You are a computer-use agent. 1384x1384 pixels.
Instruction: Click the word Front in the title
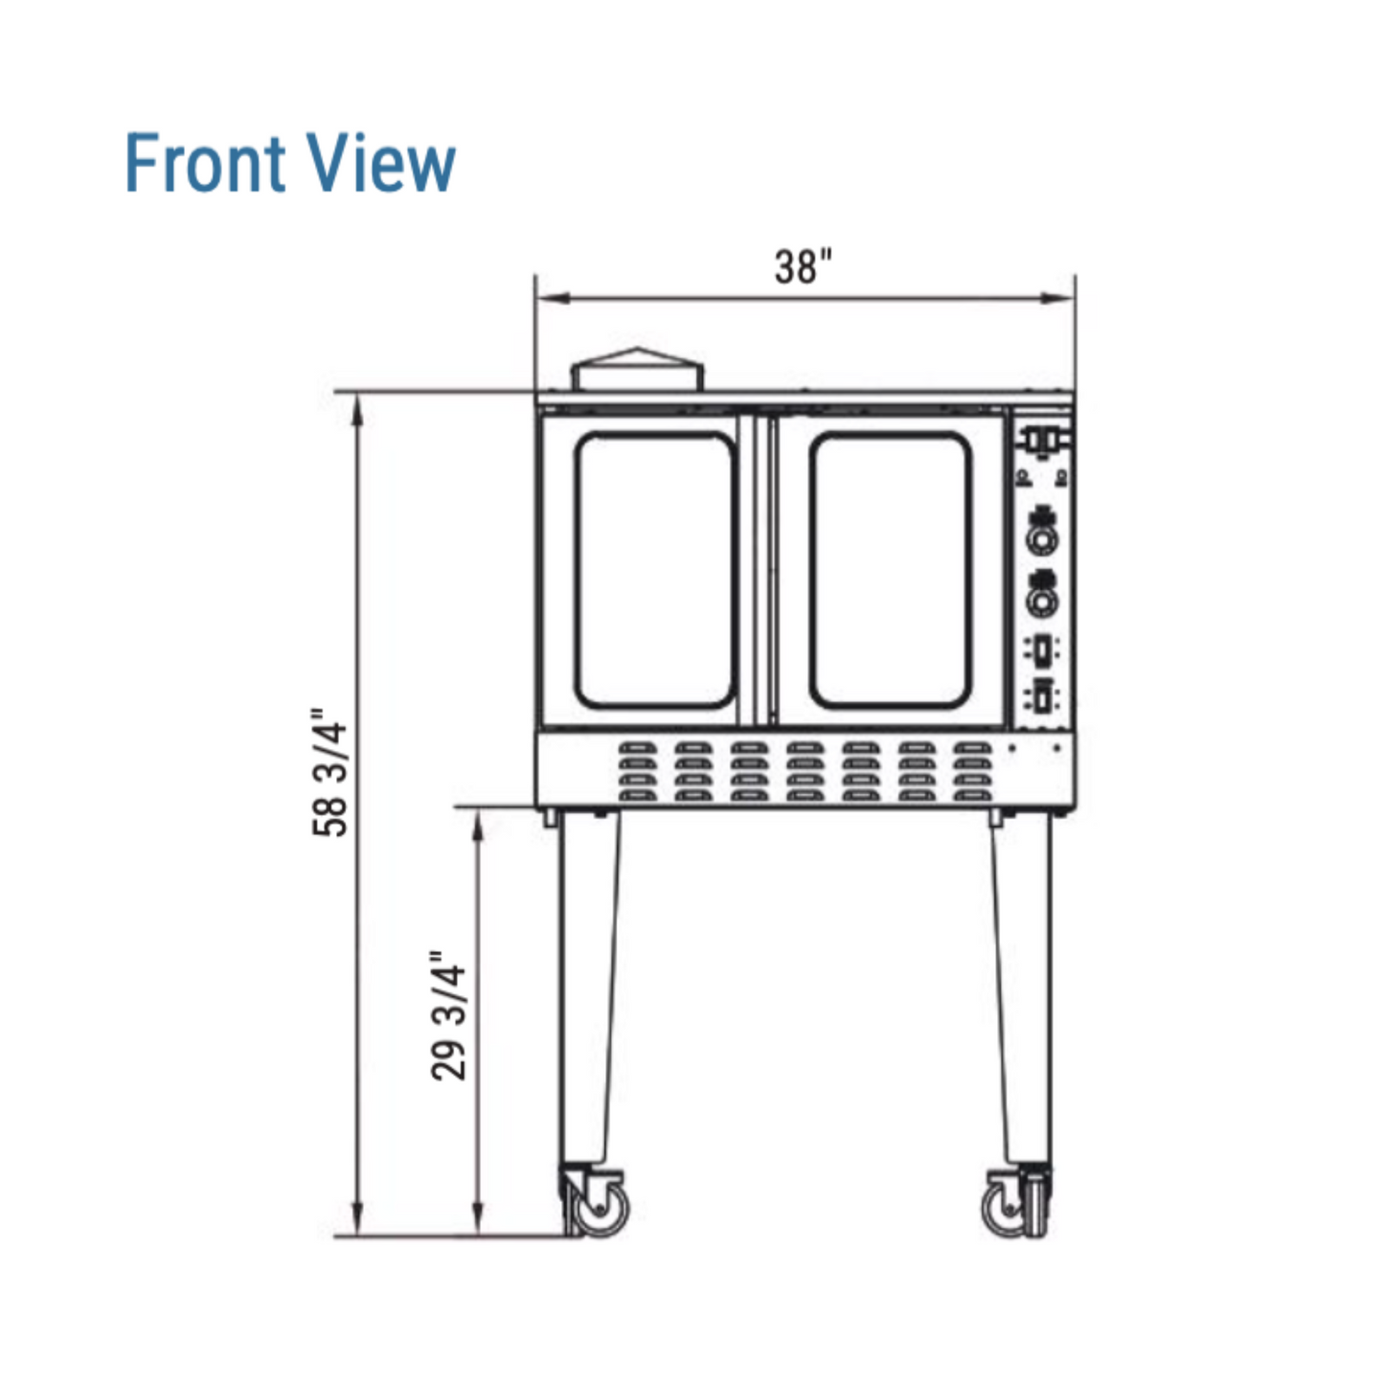pos(205,163)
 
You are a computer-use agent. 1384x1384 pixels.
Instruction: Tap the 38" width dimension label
pos(803,267)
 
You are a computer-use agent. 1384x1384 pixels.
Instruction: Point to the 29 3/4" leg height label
pos(449,1016)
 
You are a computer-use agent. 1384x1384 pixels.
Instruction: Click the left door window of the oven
pos(655,570)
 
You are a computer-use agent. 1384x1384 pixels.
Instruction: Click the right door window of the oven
pos(891,570)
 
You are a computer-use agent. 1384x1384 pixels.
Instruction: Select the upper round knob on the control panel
pos(1044,538)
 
